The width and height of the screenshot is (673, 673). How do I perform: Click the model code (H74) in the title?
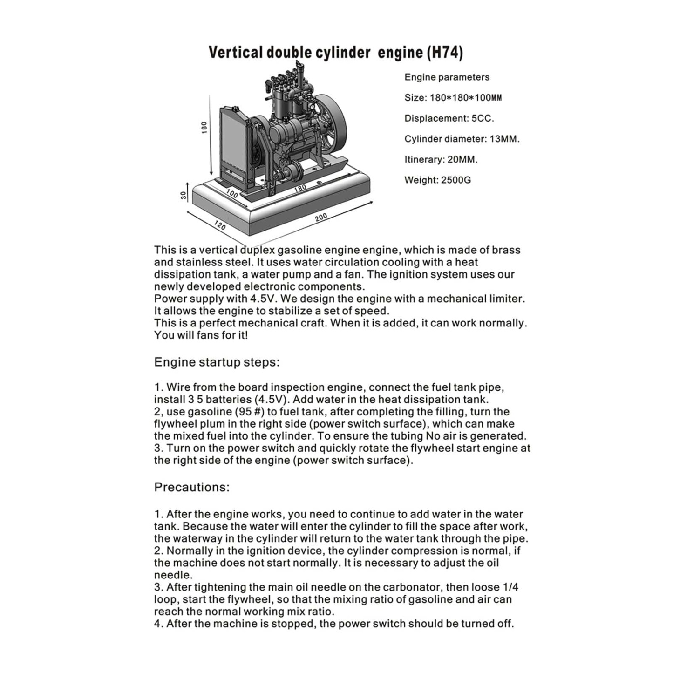pyautogui.click(x=445, y=52)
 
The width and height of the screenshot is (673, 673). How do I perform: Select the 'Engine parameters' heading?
pyautogui.click(x=447, y=77)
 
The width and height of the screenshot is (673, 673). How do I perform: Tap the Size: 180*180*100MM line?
pyautogui.click(x=453, y=98)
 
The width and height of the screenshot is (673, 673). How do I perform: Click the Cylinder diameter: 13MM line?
pyautogui.click(x=462, y=139)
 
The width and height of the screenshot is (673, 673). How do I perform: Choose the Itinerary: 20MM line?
pyautogui.click(x=441, y=159)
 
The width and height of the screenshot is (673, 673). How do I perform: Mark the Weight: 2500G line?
pyautogui.click(x=437, y=180)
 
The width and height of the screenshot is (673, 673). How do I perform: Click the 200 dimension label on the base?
pyautogui.click(x=321, y=217)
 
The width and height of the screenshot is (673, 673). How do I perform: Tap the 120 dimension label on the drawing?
pyautogui.click(x=220, y=225)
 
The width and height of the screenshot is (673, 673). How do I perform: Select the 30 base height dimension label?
pyautogui.click(x=184, y=195)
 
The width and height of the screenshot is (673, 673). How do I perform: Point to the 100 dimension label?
pyautogui.click(x=232, y=193)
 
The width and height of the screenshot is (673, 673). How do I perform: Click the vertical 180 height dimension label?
pyautogui.click(x=204, y=128)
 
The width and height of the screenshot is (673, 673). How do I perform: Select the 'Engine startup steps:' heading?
pyautogui.click(x=217, y=362)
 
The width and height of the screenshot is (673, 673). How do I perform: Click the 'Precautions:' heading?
pyautogui.click(x=191, y=487)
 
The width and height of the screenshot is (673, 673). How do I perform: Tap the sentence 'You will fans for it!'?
pyautogui.click(x=201, y=335)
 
